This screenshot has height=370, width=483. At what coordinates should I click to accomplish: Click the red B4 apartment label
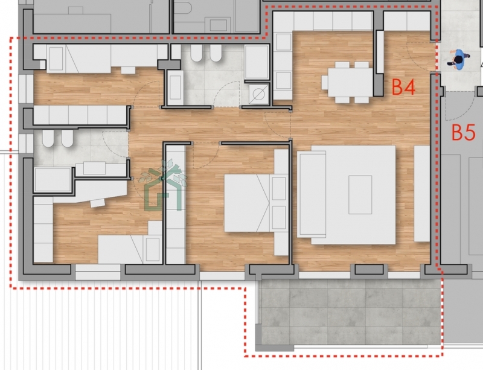pos(403,87)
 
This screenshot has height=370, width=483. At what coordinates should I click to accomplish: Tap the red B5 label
pos(464,132)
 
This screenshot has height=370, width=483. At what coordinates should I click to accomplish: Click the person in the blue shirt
pos(458,60)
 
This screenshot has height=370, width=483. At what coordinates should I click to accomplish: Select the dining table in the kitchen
pos(351,82)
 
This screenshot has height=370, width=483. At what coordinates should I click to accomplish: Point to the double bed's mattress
pos(247,203)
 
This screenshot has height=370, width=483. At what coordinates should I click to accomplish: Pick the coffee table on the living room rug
pos(360,195)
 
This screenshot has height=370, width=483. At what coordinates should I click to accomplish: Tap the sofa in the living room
pos(312,194)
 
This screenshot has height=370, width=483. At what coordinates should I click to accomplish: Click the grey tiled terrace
pos(350,313)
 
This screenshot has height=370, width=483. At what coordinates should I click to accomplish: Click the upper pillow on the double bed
pos(279,188)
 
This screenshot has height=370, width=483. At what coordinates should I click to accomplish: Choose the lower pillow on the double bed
pos(279,217)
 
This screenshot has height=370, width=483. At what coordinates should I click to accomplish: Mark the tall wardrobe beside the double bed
pos(176,205)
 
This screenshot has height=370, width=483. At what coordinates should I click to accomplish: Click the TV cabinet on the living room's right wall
pos(421,194)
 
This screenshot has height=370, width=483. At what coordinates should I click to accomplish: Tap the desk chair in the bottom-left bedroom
pos(98,203)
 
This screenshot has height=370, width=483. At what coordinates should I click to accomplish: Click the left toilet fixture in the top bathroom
pos(196,53)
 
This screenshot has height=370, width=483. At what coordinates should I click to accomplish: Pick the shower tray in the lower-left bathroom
pos(53,180)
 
